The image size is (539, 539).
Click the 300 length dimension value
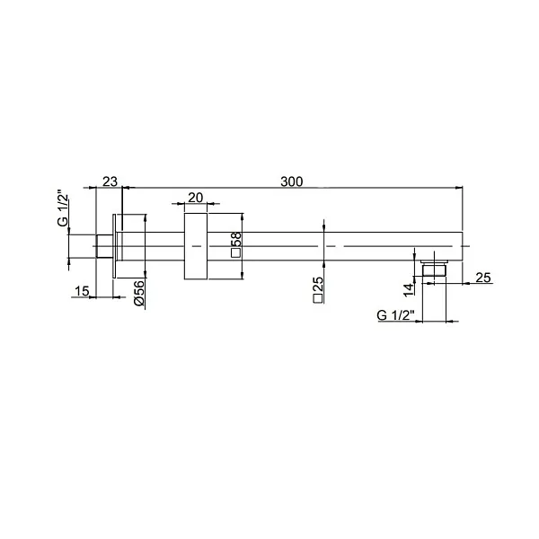[291, 181]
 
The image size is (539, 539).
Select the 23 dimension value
[109, 181]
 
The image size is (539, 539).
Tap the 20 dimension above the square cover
[196, 199]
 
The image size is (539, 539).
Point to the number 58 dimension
[235, 240]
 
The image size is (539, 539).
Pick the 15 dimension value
[82, 291]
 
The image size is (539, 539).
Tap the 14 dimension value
[409, 289]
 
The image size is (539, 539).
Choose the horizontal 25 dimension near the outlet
[482, 276]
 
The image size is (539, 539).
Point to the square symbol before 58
[235, 254]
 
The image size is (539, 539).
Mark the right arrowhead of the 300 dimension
[458, 188]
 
